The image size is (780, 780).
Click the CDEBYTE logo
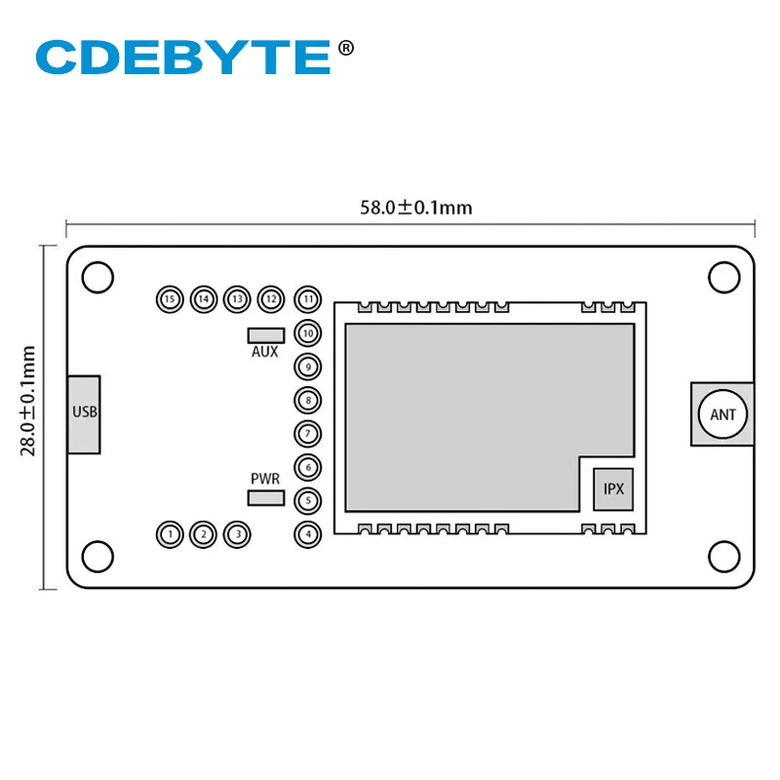pos(183,57)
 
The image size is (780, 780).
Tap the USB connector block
pos(85,413)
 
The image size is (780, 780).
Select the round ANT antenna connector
pos(722,414)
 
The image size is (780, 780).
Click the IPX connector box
pos(613,488)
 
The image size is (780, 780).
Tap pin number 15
pos(171,298)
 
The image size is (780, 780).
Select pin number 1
pos(171,533)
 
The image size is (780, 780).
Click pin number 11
pos(308,298)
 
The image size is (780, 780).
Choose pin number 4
pos(308,533)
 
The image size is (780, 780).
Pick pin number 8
pos(308,400)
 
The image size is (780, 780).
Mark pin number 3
pos(236,533)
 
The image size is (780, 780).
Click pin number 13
pos(236,298)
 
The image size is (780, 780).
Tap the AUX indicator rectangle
pos(264,333)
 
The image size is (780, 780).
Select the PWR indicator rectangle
pos(264,498)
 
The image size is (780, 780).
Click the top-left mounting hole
pos(97,277)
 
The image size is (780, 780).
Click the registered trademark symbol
pos(345,46)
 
